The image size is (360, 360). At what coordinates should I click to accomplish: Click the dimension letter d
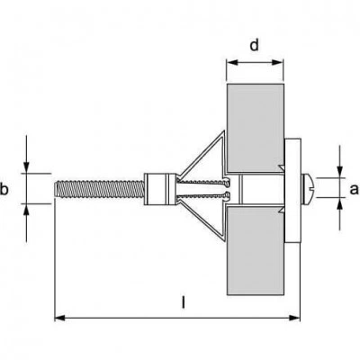[254, 46]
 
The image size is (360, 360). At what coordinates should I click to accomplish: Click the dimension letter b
[4, 190]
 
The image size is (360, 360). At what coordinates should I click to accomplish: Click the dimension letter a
[355, 189]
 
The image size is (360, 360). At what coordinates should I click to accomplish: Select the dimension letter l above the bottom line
[184, 302]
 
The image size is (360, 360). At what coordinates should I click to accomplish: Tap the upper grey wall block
[255, 128]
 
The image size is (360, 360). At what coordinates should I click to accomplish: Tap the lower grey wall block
[255, 251]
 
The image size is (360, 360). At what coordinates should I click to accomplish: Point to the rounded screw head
[309, 188]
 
